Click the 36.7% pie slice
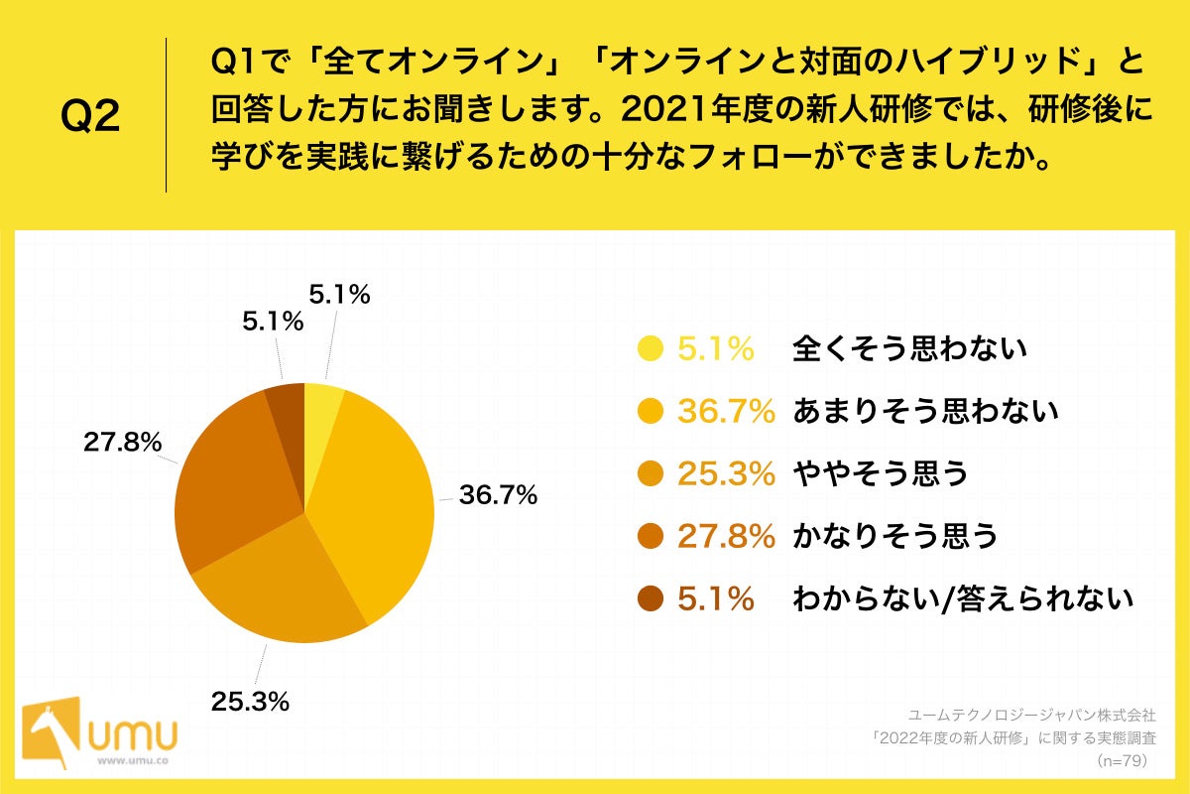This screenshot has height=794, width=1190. pos(382,496)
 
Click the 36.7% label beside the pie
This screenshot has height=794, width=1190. pos(498,494)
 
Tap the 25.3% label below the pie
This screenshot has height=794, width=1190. pos(250,702)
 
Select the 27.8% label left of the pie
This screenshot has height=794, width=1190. pos(122,444)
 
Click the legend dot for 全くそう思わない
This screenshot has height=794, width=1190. pos(651,348)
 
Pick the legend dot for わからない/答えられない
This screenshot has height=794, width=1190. pos(651,598)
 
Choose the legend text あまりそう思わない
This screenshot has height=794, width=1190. pos(925,411)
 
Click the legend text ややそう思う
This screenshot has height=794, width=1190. pos(880,473)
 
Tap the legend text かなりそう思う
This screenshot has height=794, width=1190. pos(894,536)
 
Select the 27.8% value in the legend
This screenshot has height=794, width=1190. pos(725,536)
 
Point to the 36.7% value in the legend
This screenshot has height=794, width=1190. pos(725,411)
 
